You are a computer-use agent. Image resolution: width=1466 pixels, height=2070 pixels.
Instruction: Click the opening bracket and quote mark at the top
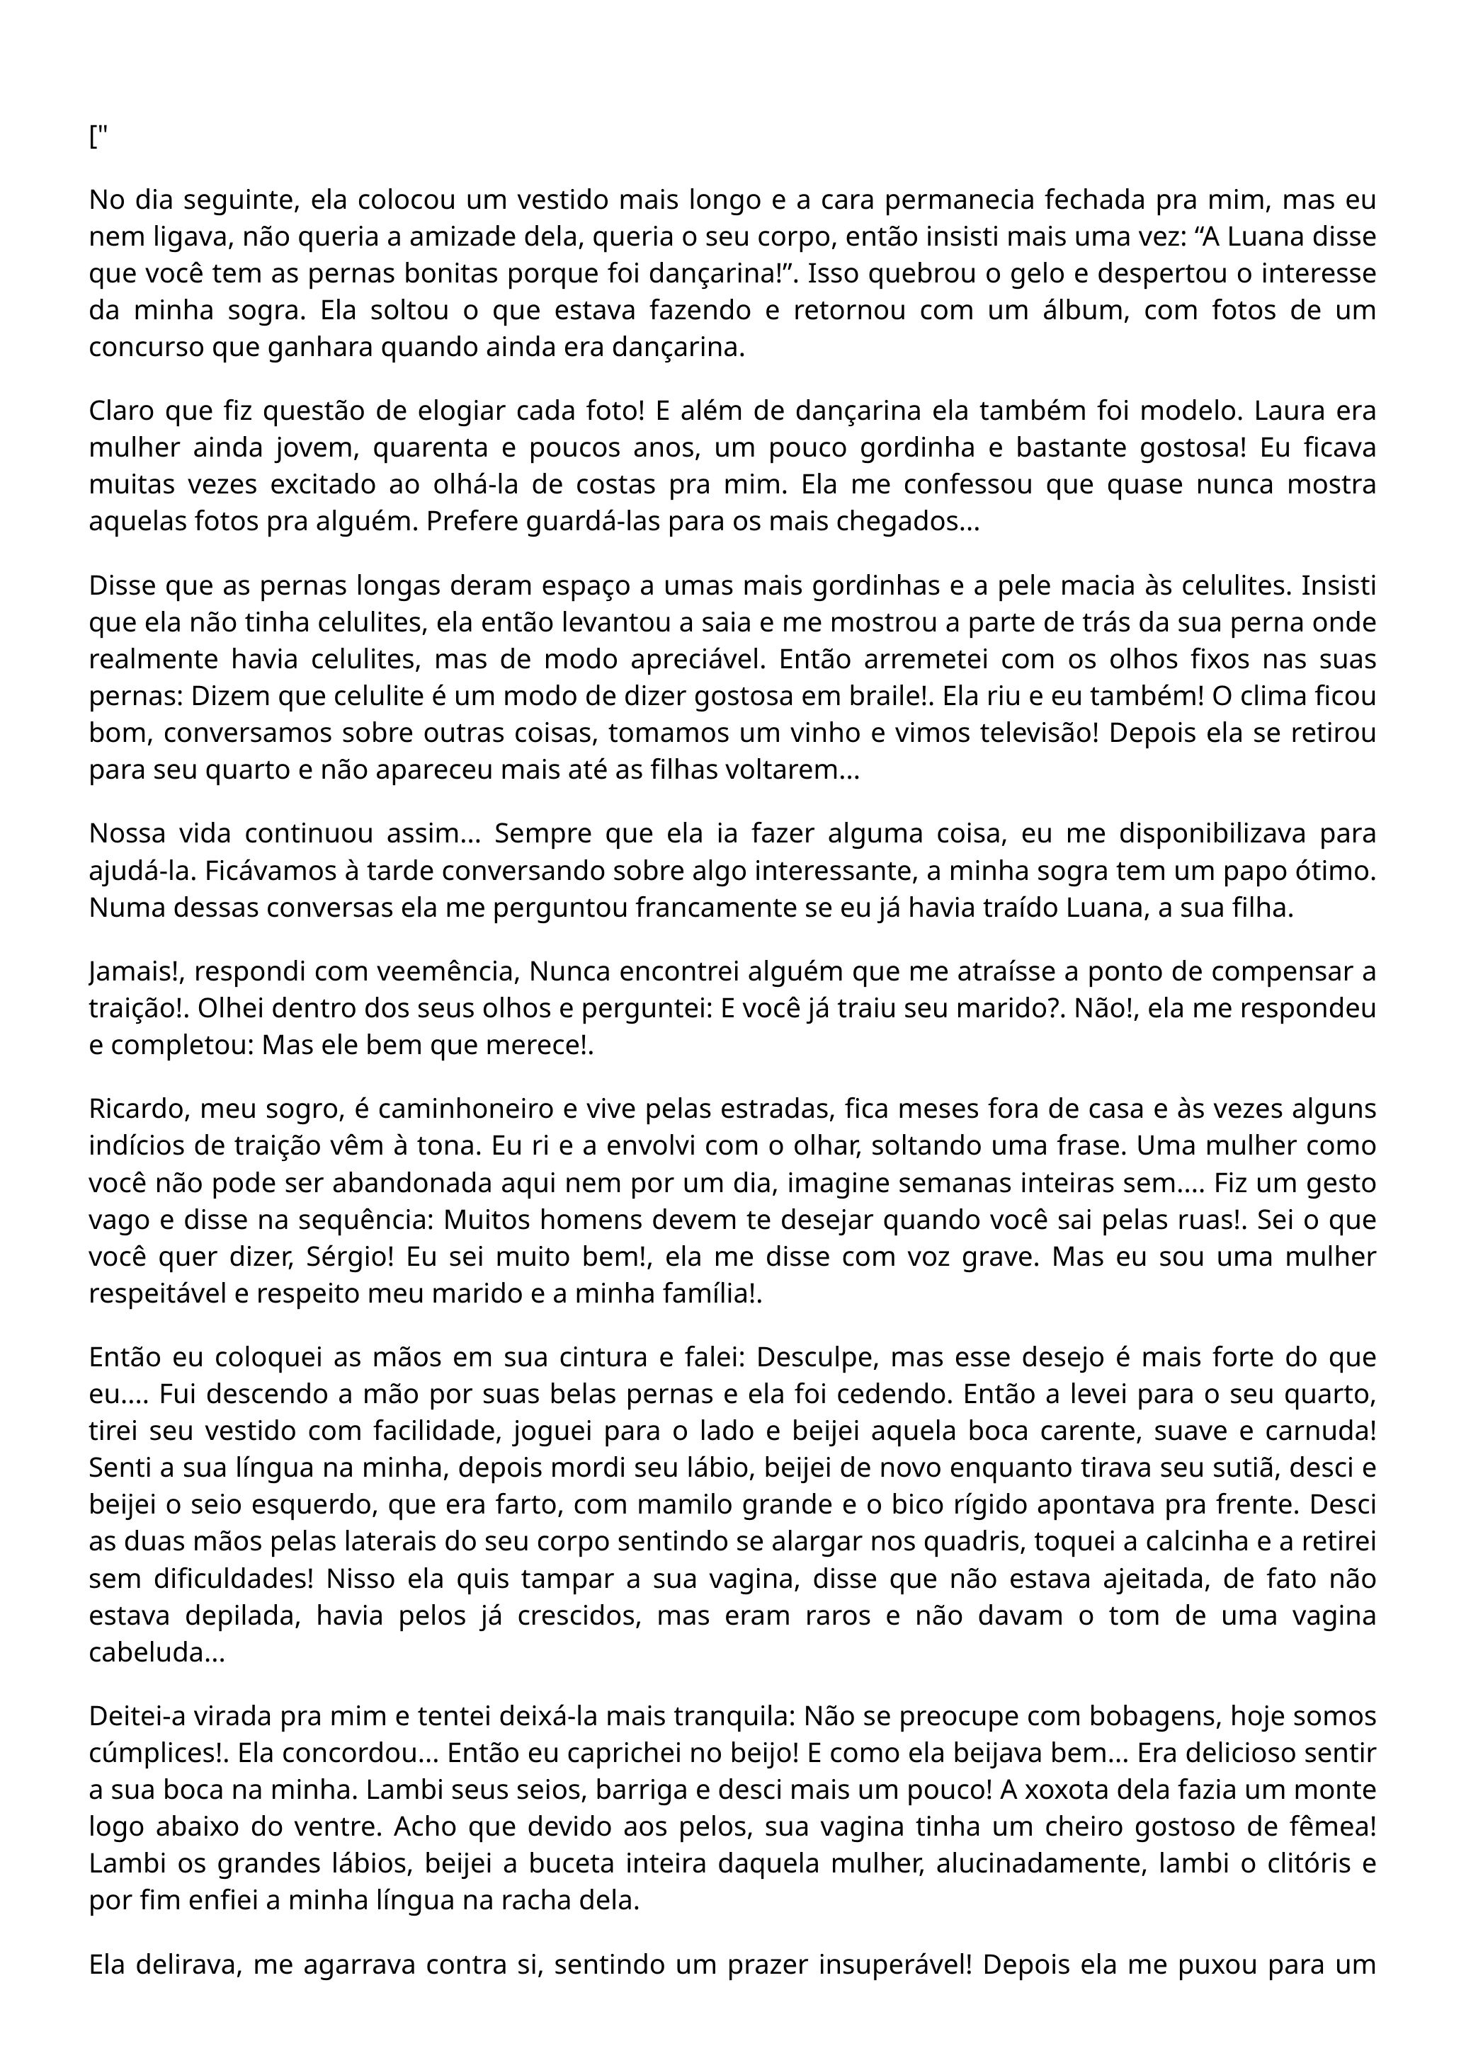point(98,138)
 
